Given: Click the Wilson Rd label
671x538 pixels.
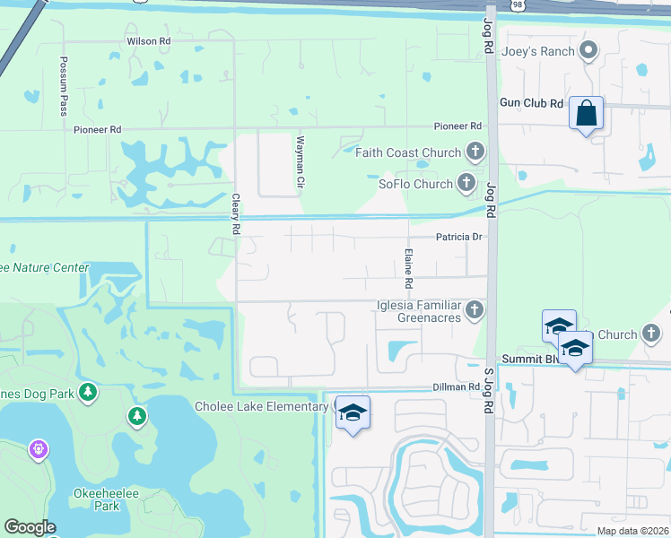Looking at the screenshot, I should (148, 41).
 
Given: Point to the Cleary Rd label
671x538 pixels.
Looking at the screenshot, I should (236, 214).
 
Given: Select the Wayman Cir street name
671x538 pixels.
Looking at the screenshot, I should (301, 162).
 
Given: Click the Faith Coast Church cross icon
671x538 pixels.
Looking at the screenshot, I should (475, 152).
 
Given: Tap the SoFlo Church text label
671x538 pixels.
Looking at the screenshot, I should (415, 185).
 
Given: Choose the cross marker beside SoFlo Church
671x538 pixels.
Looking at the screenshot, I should (466, 184).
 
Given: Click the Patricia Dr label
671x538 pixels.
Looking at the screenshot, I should (460, 237).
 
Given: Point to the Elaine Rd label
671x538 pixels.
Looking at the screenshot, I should (408, 268).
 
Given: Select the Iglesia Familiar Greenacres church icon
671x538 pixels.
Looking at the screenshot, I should (475, 310).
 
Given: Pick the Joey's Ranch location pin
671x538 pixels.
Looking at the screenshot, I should (588, 51).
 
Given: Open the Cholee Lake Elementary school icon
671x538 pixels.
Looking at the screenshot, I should (353, 412).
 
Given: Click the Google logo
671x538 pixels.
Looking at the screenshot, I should (30, 527).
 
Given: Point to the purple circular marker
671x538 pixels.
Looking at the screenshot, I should (38, 447).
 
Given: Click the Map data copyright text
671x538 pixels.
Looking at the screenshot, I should (632, 531).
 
